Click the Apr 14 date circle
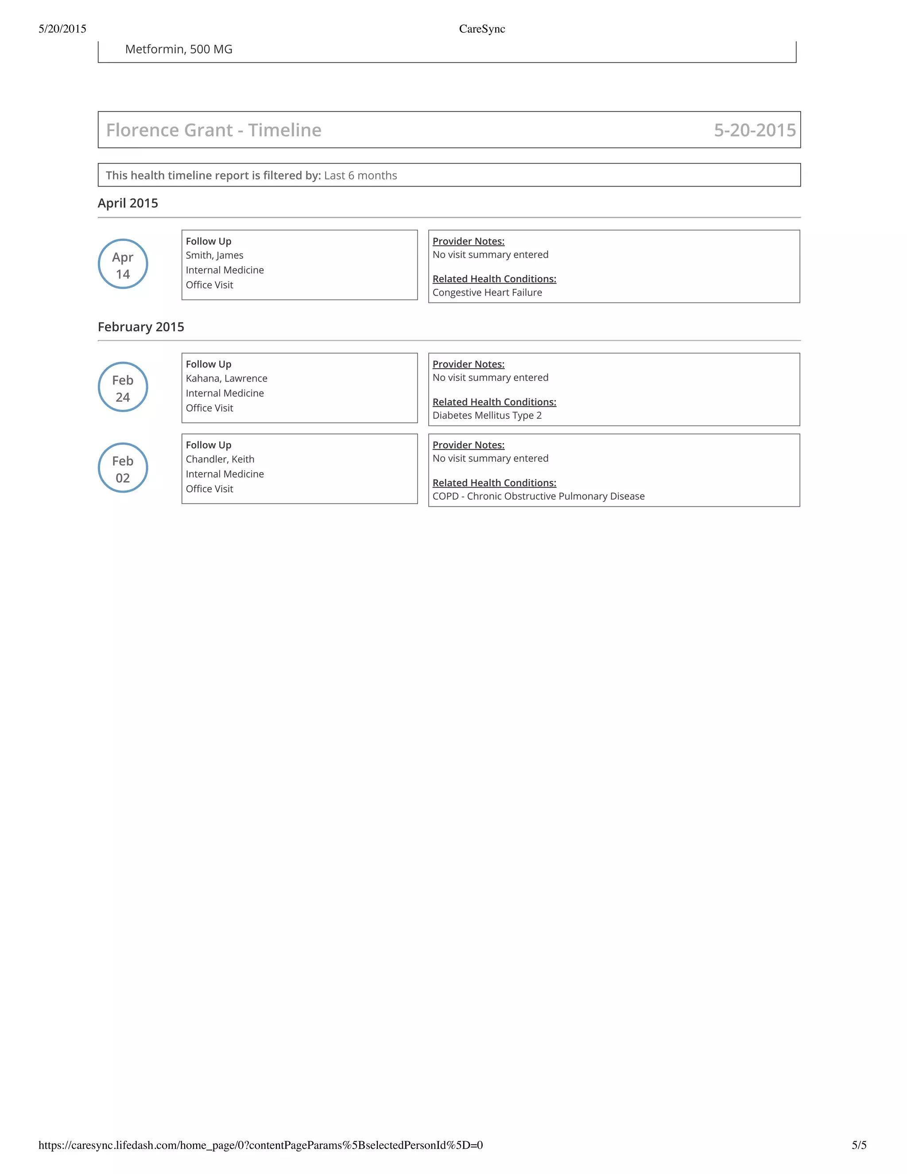pyautogui.click(x=123, y=264)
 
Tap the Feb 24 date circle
pyautogui.click(x=123, y=387)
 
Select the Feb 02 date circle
pyautogui.click(x=123, y=468)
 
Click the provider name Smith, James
pyautogui.click(x=214, y=255)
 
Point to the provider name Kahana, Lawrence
pyautogui.click(x=226, y=378)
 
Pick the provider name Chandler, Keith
pyautogui.click(x=220, y=459)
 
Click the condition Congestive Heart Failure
pyautogui.click(x=487, y=292)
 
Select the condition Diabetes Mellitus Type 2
pyautogui.click(x=487, y=416)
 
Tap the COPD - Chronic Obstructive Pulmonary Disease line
pyautogui.click(x=539, y=496)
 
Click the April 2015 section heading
pyautogui.click(x=128, y=203)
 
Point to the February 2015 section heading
pyautogui.click(x=141, y=327)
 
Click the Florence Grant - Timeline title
pyautogui.click(x=213, y=130)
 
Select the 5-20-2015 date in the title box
pyautogui.click(x=754, y=130)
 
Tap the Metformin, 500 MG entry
pyautogui.click(x=178, y=50)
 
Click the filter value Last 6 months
pyautogui.click(x=360, y=175)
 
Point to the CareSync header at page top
pyautogui.click(x=481, y=29)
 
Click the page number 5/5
pyautogui.click(x=859, y=1145)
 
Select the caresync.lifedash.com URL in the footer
pyautogui.click(x=260, y=1145)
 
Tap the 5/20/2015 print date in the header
pyautogui.click(x=62, y=29)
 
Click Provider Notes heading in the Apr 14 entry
pyautogui.click(x=468, y=241)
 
